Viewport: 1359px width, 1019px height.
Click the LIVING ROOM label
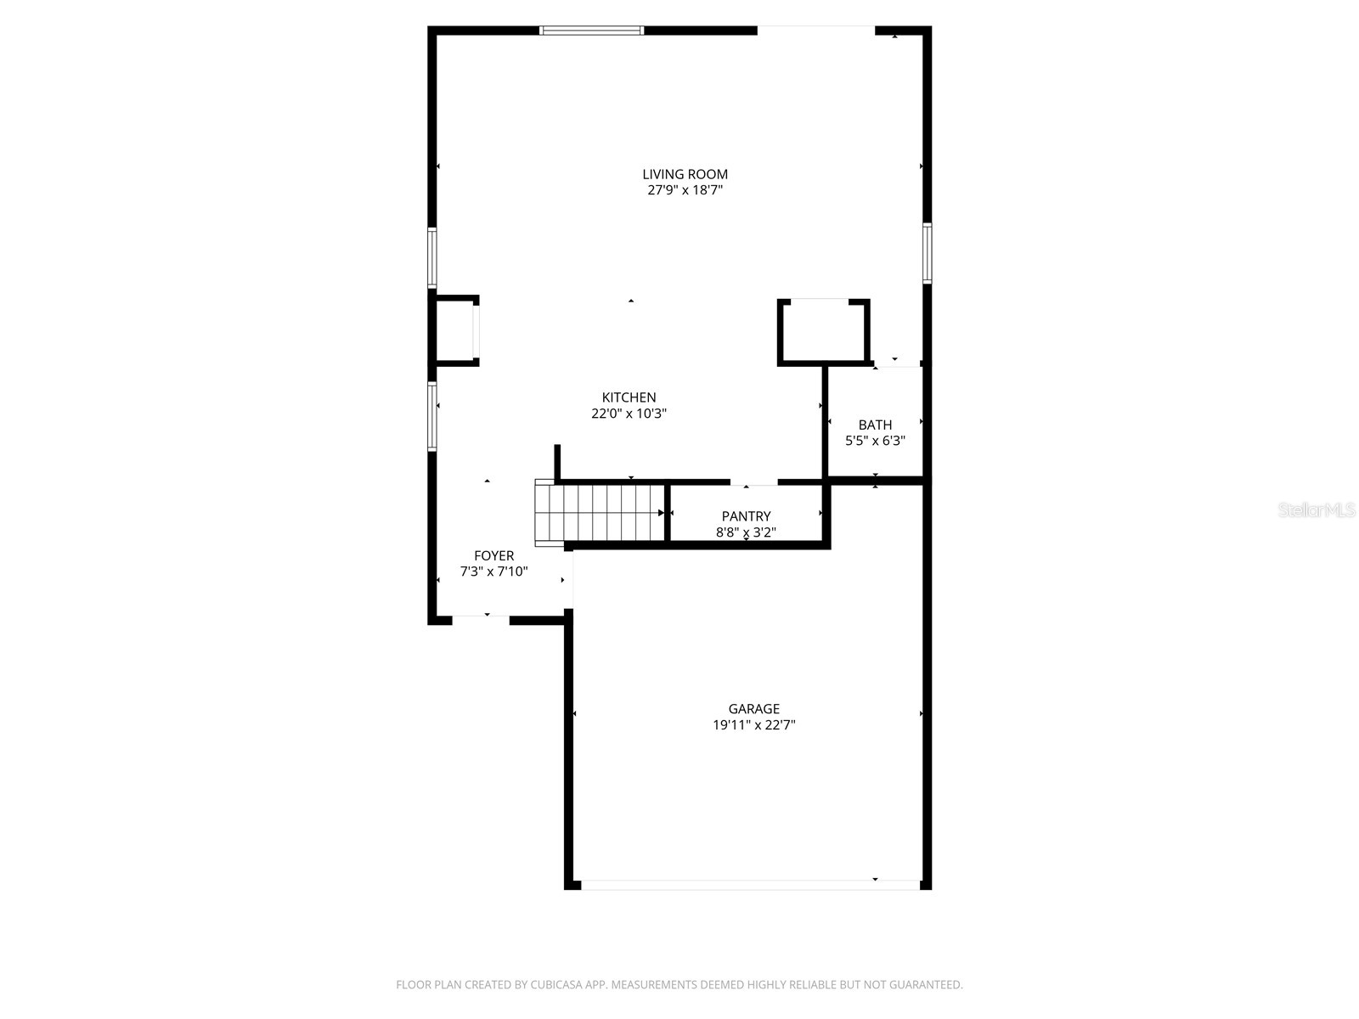point(685,174)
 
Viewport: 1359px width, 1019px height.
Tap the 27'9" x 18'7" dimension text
point(685,190)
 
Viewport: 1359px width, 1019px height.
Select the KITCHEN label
point(629,397)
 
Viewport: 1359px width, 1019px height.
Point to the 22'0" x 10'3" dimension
point(629,414)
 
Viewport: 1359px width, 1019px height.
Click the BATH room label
point(875,425)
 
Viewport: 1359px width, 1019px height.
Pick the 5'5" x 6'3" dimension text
point(875,441)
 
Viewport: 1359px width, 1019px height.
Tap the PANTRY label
point(746,516)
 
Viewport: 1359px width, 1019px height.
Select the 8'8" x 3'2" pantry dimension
point(746,532)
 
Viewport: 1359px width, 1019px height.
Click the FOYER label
point(493,556)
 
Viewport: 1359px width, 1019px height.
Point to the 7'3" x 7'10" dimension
point(493,572)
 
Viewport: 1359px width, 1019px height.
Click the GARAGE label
point(753,709)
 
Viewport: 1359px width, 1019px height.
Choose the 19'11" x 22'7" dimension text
point(753,725)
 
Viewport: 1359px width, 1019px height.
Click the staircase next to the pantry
point(600,513)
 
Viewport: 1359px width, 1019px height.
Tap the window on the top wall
point(592,31)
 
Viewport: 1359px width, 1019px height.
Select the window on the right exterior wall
point(927,252)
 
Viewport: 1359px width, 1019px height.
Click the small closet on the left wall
point(454,330)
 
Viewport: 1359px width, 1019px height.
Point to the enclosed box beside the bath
point(823,332)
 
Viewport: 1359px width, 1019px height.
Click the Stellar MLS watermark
point(1316,509)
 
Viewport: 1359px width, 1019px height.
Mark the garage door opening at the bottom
point(749,885)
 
